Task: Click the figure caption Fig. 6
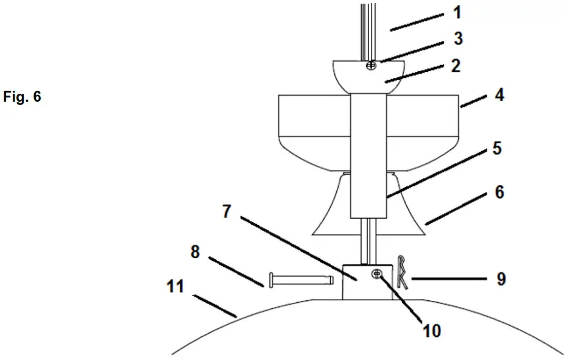coord(22,97)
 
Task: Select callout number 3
coord(458,39)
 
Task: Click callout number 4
coord(499,95)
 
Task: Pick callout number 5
coord(496,149)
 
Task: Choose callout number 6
coord(499,192)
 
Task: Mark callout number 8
coord(195,252)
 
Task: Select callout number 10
coord(432,331)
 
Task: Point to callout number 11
coord(176,286)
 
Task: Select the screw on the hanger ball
coord(370,65)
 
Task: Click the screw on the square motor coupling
coord(378,275)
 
